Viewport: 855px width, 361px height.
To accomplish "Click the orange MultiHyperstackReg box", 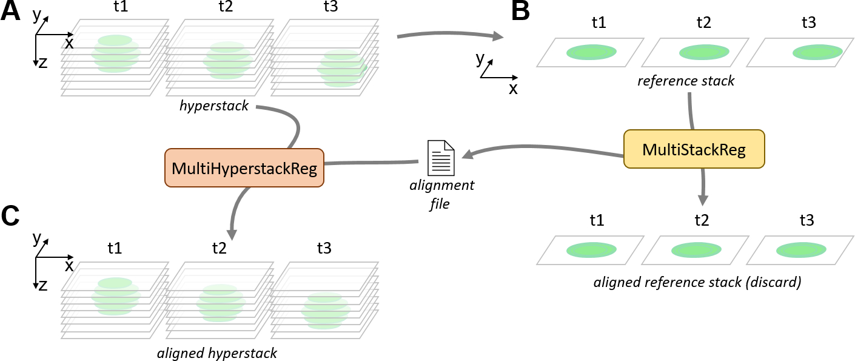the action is tap(244, 167).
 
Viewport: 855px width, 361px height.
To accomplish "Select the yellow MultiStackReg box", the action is tap(694, 149).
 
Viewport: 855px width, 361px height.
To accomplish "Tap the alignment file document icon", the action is tap(441, 158).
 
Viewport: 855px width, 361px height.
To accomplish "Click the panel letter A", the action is tap(10, 11).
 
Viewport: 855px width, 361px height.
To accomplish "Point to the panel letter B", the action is tap(521, 11).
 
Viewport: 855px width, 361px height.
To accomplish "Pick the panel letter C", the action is tap(10, 216).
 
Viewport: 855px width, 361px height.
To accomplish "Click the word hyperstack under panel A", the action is tap(213, 106).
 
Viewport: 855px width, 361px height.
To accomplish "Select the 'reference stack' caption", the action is tap(686, 81).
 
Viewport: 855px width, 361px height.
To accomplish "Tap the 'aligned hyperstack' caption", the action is tap(217, 353).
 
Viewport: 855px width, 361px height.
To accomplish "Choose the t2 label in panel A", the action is tap(226, 7).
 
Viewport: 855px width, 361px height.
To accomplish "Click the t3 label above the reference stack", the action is tap(809, 22).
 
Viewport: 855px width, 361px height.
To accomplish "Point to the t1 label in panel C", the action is tap(115, 248).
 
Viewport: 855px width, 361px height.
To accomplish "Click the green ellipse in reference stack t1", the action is tap(591, 52).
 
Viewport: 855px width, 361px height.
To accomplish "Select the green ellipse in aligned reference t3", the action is tap(801, 250).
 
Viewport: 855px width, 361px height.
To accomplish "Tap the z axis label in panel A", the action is tap(42, 62).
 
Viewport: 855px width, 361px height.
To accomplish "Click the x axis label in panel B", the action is tap(513, 89).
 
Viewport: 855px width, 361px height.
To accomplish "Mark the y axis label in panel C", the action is tap(36, 238).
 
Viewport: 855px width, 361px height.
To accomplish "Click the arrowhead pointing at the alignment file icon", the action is tap(468, 154).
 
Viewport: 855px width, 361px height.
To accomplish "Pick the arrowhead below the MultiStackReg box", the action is tap(703, 200).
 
